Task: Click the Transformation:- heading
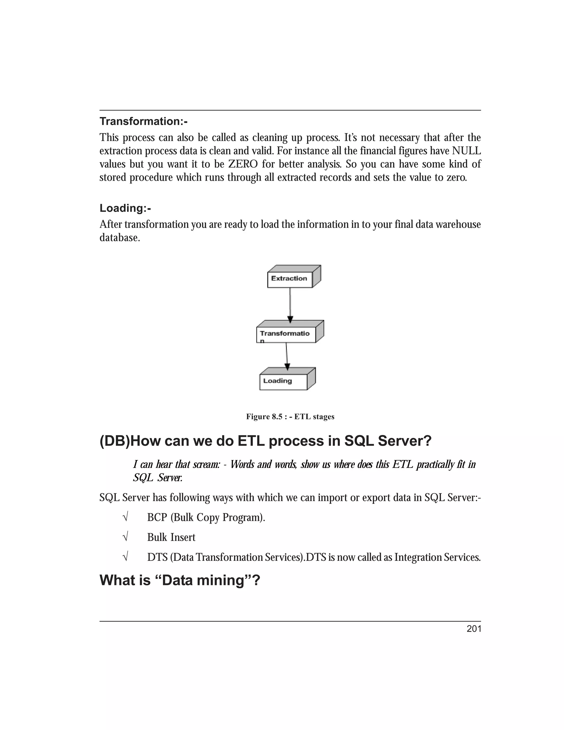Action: pyautogui.click(x=143, y=121)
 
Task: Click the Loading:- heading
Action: pyautogui.click(x=125, y=208)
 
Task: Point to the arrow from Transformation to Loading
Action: pyautogui.click(x=287, y=356)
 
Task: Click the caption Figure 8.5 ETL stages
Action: pyautogui.click(x=290, y=417)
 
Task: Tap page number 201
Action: pyautogui.click(x=474, y=629)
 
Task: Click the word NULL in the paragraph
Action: pyautogui.click(x=467, y=151)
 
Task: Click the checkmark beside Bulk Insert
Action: pyautogui.click(x=126, y=537)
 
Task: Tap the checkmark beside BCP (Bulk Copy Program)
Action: pyautogui.click(x=126, y=517)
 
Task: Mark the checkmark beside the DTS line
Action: pyautogui.click(x=126, y=557)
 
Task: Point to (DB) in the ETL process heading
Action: pyautogui.click(x=115, y=442)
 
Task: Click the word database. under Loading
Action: pyautogui.click(x=120, y=238)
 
